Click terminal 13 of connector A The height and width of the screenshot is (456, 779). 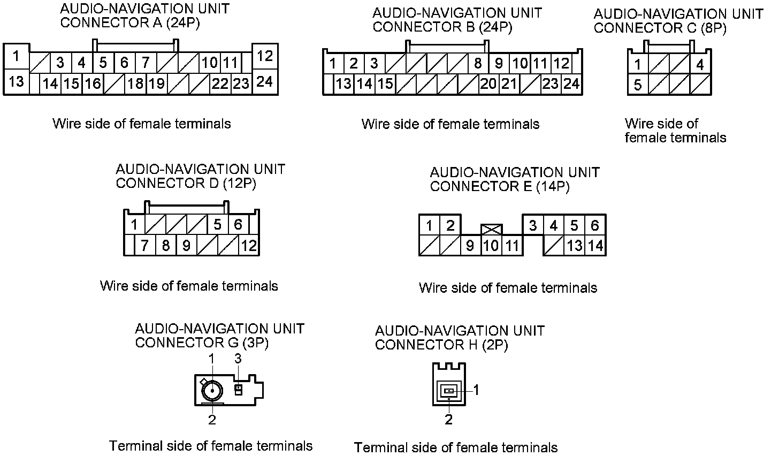point(17,82)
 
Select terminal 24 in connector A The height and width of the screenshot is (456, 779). point(265,82)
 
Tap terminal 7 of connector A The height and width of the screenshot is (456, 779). point(146,63)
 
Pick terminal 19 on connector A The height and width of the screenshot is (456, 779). point(156,83)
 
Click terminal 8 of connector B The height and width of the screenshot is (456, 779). point(478,64)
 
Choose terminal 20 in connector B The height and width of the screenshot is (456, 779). point(488,83)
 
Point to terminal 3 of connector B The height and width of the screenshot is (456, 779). point(374,64)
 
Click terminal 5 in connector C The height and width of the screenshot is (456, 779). point(638,85)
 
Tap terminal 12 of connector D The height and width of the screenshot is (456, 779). point(249,246)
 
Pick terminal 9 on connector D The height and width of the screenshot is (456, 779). point(186,246)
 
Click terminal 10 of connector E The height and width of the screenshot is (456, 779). point(491,246)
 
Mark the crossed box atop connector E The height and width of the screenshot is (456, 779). point(491,230)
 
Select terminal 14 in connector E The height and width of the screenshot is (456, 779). point(595,246)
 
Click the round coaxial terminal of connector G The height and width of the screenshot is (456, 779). point(212,391)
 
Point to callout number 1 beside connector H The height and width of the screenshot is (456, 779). point(476,391)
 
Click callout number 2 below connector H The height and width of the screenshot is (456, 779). point(448,420)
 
